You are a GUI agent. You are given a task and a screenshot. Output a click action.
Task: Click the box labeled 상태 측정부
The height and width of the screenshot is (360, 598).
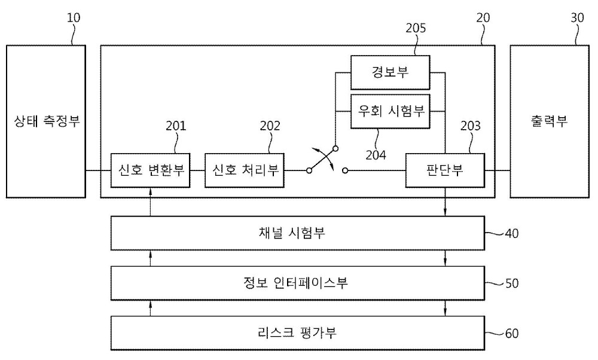(46, 121)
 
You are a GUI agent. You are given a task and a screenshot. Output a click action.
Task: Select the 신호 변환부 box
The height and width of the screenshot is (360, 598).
(150, 170)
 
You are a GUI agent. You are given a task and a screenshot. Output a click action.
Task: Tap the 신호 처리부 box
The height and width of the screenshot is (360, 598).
(245, 170)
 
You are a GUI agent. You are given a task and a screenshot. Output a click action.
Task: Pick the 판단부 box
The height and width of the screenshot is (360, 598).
(445, 170)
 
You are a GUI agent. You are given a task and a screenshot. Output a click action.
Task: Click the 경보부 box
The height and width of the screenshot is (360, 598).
(390, 72)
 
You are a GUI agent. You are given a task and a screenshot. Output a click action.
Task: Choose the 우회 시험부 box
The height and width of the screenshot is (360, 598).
(390, 111)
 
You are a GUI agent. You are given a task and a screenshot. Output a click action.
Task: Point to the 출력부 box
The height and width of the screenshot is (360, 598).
(550, 121)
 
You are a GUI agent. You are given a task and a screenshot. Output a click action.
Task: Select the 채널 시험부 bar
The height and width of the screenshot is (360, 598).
(297, 233)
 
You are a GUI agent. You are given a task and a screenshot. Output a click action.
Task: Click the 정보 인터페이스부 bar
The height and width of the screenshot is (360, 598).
(297, 283)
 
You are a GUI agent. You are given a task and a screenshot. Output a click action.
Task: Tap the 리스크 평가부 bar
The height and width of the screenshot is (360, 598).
(297, 333)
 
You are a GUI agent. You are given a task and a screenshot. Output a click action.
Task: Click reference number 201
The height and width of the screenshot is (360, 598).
(176, 126)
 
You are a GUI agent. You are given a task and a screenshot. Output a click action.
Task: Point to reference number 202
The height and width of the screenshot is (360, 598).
(270, 126)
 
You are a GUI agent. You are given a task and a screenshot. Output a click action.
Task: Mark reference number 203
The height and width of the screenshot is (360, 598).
(471, 126)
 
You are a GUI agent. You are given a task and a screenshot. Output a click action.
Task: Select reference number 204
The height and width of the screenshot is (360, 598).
(376, 155)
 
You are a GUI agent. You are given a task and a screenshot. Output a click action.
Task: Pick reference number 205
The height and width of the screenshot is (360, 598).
(416, 28)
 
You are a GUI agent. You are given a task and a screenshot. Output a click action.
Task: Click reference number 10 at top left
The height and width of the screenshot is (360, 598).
(74, 17)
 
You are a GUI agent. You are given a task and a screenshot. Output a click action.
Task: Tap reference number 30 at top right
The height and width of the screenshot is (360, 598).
(578, 17)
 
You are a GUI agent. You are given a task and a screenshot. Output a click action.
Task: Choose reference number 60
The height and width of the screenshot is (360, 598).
(512, 334)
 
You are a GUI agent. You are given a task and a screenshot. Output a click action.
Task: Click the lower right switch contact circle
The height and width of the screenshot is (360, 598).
(345, 171)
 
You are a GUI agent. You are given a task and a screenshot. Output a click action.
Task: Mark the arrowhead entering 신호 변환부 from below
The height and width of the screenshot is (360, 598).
(151, 191)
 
